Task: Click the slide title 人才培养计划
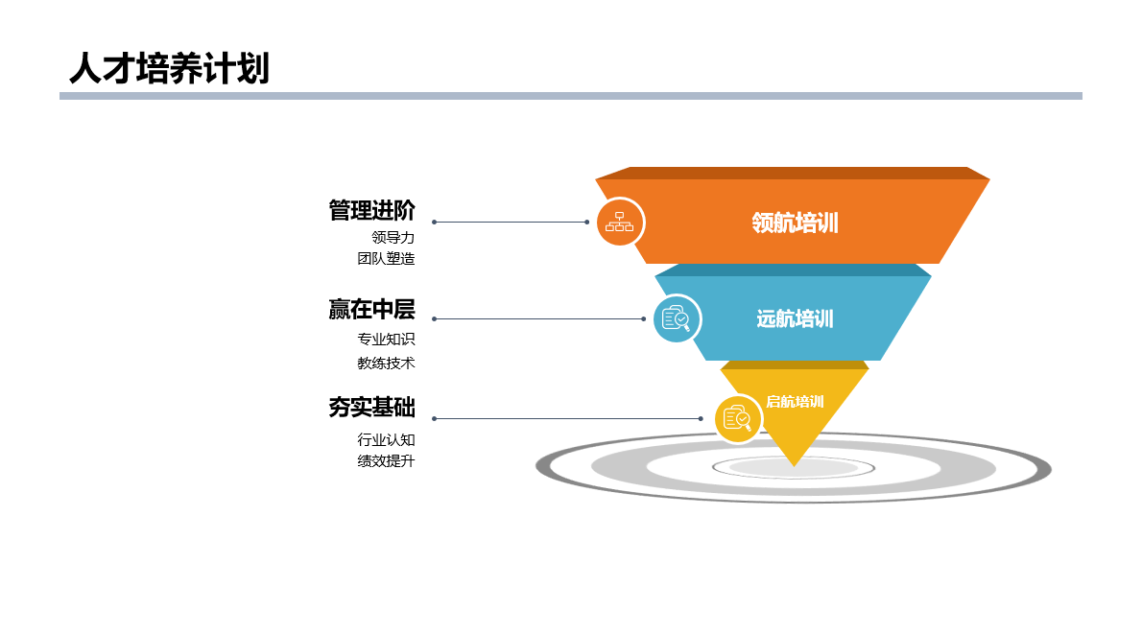169,69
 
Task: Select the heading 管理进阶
371,210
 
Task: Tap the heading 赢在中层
371,309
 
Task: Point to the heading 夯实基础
371,408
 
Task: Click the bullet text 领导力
393,237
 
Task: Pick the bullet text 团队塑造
386,258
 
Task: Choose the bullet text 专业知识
386,339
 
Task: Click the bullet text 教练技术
386,363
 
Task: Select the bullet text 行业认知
386,439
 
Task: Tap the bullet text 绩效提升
386,460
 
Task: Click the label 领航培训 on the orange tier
795,223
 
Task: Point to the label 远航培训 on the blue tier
795,319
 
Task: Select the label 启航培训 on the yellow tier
795,402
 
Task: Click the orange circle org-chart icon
619,223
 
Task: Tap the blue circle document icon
677,318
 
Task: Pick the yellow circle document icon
738,419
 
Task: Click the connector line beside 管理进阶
511,222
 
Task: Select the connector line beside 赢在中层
538,318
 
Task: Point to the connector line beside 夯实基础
567,418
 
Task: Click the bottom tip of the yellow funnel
794,465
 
